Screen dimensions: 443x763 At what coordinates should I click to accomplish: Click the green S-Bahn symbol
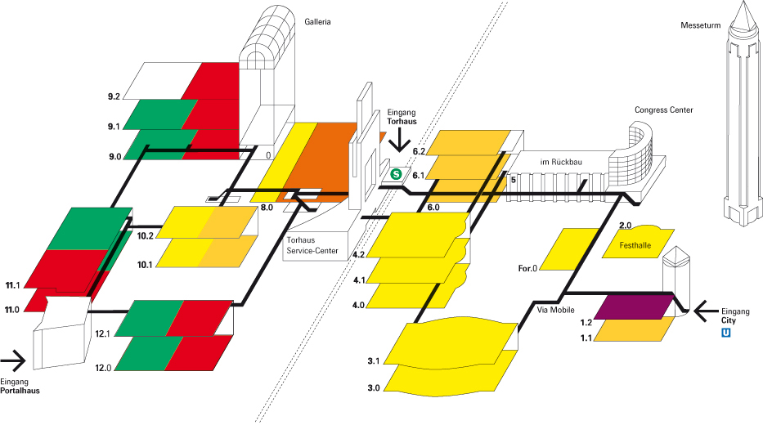pos(397,173)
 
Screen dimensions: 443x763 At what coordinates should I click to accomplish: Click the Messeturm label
pos(700,25)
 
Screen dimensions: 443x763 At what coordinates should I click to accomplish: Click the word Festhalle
pos(638,245)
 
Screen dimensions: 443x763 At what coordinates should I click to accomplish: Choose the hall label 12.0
pos(102,369)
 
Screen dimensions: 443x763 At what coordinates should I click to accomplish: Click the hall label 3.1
pos(374,360)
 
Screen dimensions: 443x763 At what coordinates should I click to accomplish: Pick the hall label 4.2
pos(358,255)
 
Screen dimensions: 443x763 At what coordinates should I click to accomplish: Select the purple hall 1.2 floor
pos(634,307)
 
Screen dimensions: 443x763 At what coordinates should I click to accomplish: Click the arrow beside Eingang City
pos(702,311)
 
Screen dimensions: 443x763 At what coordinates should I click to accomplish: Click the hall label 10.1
pos(146,264)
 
